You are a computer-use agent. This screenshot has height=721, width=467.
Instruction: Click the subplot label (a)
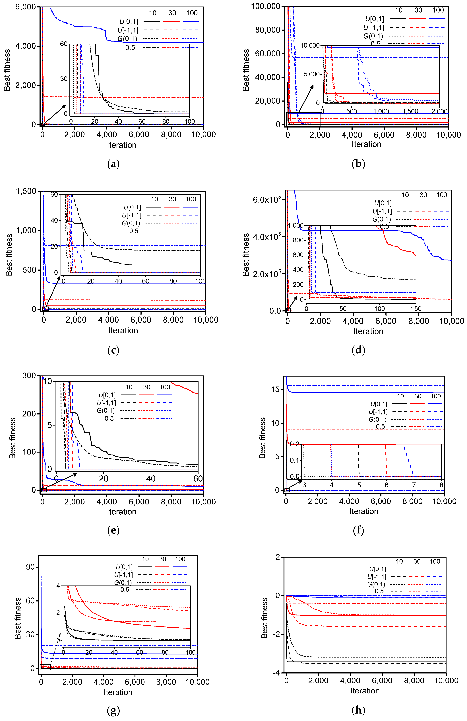click(x=113, y=164)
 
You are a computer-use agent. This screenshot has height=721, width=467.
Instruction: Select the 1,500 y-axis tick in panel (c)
click(x=26, y=191)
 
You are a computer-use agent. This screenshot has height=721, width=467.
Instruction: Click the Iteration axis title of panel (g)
click(x=118, y=692)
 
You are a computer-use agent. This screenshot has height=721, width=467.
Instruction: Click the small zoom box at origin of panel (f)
click(x=287, y=490)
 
